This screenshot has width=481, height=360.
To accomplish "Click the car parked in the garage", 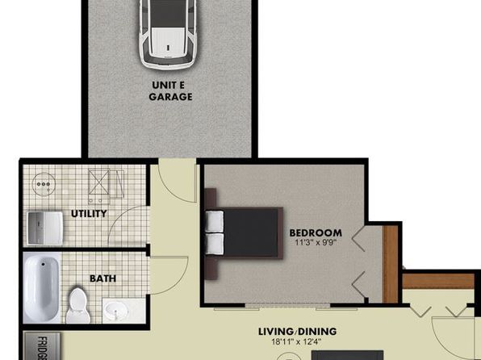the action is [168, 33].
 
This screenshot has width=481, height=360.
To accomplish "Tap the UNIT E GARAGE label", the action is [170, 91].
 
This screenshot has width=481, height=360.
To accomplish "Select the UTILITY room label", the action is [89, 213].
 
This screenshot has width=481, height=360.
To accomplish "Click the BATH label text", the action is [102, 278].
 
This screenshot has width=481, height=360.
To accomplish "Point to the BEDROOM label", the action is [316, 232].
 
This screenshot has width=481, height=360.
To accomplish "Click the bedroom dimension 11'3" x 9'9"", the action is [316, 242].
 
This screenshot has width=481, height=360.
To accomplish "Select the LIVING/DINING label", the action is [297, 332].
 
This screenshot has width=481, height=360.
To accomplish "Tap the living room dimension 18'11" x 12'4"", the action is [297, 341].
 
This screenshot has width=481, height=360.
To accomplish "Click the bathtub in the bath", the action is [42, 288].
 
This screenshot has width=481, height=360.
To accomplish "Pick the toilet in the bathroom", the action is [78, 305].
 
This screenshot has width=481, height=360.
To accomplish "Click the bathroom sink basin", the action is [116, 311].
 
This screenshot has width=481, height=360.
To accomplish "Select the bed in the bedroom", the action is [244, 233].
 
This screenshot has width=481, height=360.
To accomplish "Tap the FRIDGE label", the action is [42, 348].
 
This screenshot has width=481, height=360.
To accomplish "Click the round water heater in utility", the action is [44, 184].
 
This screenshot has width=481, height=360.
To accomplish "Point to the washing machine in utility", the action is [44, 228].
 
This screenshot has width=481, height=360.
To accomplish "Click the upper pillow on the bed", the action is [214, 221].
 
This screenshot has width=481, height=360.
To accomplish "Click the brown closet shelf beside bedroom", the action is [391, 264].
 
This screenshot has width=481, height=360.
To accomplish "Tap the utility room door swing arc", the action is [119, 217].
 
